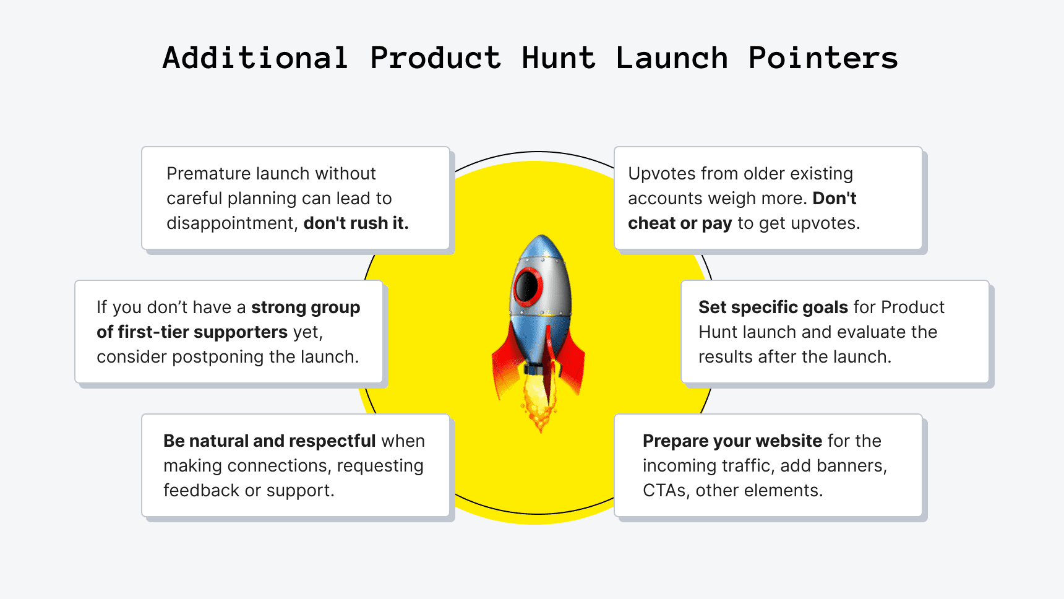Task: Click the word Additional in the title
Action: click(255, 58)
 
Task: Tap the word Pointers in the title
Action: click(823, 58)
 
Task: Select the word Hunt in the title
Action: click(559, 58)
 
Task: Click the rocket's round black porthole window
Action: click(527, 286)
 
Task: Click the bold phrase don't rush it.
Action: click(356, 223)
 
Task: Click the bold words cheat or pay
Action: click(679, 223)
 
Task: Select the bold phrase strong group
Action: click(306, 307)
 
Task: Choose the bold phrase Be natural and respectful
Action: click(269, 441)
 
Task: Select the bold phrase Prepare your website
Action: click(732, 441)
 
